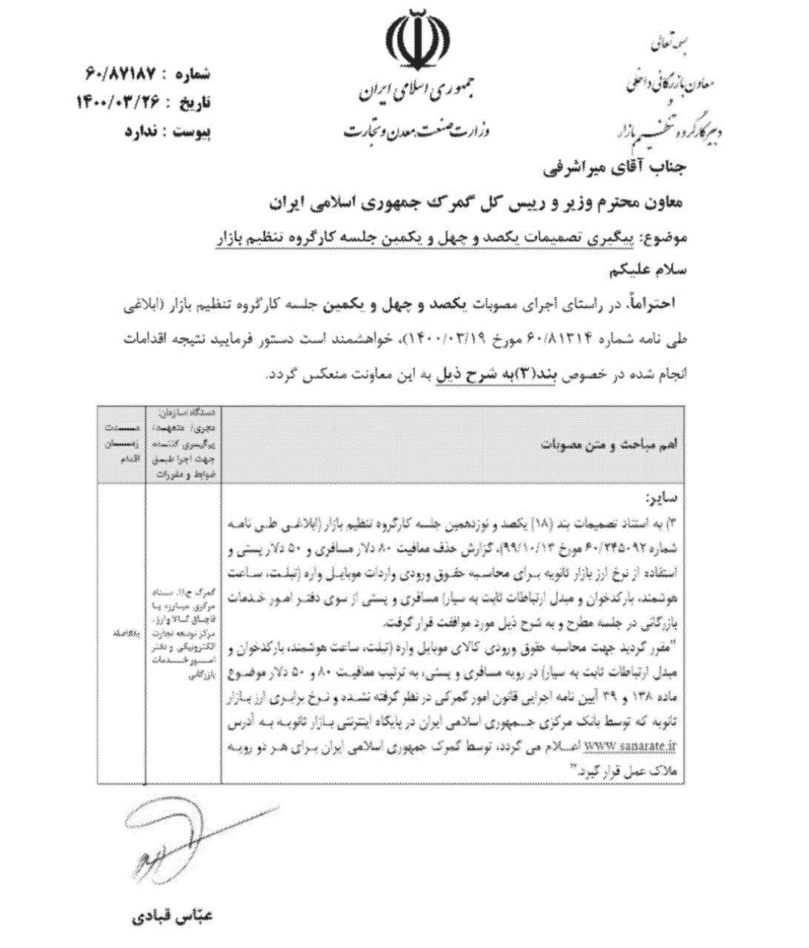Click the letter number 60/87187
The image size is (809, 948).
pos(120,74)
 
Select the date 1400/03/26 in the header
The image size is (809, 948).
pos(118,101)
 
